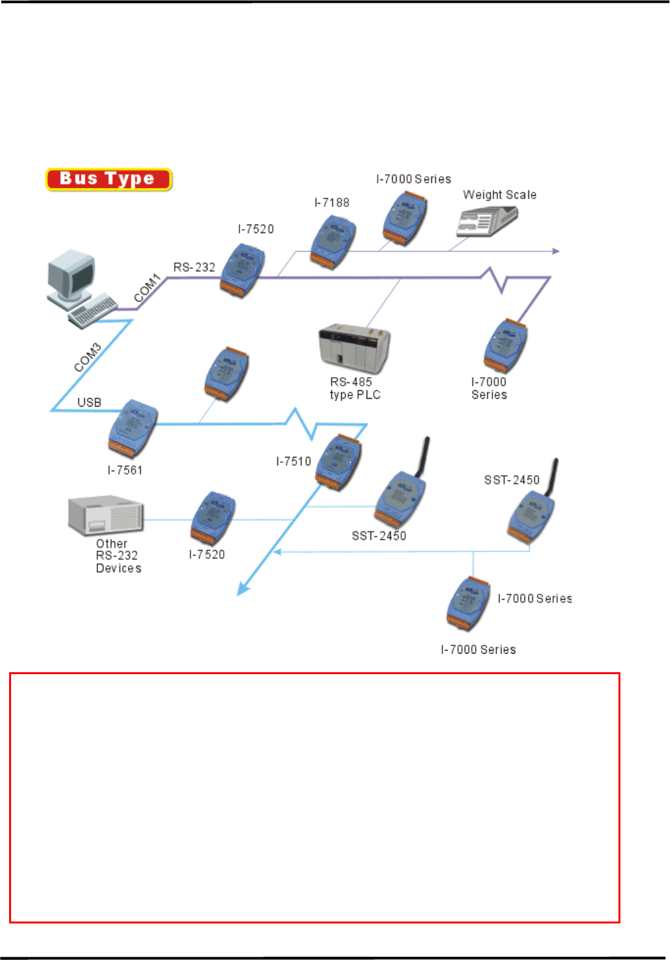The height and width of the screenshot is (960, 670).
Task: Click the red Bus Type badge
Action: tap(108, 179)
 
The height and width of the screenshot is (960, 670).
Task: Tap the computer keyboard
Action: tap(93, 311)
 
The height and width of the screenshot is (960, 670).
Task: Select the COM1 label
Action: tap(147, 288)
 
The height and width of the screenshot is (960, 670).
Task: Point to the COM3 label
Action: tap(87, 357)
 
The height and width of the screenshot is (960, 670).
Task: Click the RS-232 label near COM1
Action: tap(194, 268)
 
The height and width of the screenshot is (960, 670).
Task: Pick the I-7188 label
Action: tap(332, 203)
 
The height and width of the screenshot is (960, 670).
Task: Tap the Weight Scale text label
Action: tap(500, 195)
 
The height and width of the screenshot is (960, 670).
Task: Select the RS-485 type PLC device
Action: tap(354, 347)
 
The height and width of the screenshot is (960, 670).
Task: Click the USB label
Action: tap(89, 403)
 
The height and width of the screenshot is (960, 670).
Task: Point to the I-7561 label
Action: tap(125, 470)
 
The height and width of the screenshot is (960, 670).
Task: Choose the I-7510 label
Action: tap(294, 461)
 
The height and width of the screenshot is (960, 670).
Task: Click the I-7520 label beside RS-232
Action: tap(256, 229)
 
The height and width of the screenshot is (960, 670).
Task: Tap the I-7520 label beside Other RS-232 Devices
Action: tap(207, 555)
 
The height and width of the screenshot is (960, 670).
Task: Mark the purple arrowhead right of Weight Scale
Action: tap(556, 251)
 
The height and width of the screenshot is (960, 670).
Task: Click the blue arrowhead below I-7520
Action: tap(243, 590)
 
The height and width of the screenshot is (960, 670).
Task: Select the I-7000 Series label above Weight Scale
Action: tap(414, 179)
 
